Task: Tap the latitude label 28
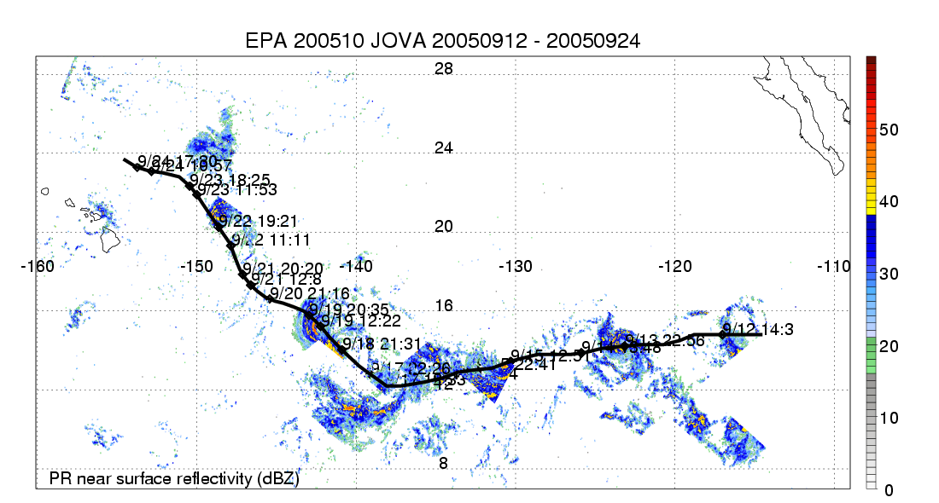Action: coord(443,69)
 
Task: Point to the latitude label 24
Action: coord(443,148)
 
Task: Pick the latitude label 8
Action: coord(443,463)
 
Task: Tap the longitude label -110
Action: coord(834,266)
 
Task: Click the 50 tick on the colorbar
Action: coord(889,130)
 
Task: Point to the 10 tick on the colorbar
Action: coord(889,418)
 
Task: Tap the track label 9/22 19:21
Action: coord(258,220)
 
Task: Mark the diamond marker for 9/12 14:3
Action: coord(722,334)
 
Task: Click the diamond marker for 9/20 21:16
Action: coord(271,298)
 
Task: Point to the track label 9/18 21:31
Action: coord(381,343)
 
